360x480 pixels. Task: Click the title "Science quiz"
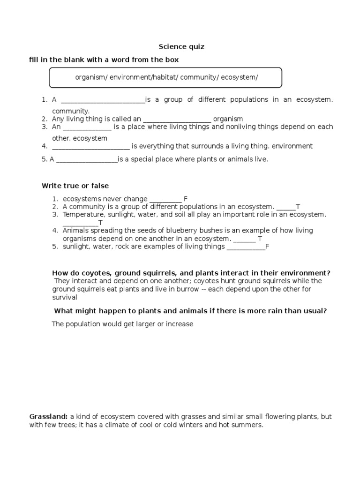pyautogui.click(x=181, y=47)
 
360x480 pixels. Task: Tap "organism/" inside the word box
pyautogui.click(x=92, y=77)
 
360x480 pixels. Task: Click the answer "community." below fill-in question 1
pyautogui.click(x=71, y=111)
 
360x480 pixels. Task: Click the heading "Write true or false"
pyautogui.click(x=75, y=186)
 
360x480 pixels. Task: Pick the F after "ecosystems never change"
pyautogui.click(x=186, y=199)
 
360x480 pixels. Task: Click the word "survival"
pyautogui.click(x=64, y=298)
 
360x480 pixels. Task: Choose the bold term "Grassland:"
pyautogui.click(x=49, y=417)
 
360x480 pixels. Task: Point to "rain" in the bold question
pyautogui.click(x=259, y=311)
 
